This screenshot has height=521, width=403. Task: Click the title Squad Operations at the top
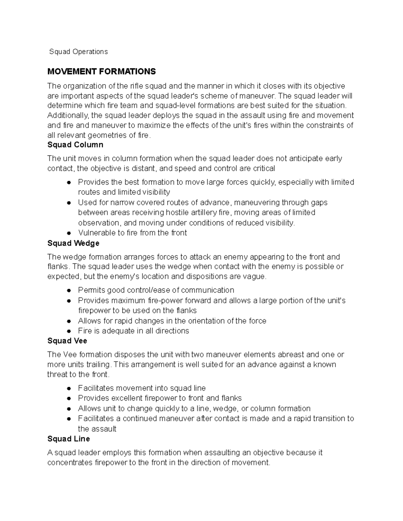click(78, 52)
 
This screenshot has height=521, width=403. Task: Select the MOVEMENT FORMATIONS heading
click(101, 71)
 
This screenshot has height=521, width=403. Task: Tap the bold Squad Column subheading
click(75, 145)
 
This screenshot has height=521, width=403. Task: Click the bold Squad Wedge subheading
click(73, 243)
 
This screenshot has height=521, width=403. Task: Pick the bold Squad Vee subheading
click(67, 341)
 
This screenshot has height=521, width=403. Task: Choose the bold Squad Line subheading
click(69, 439)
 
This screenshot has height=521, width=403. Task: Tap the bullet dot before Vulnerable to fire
click(69, 233)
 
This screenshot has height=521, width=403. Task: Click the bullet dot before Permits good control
click(69, 291)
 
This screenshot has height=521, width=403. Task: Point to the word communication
click(208, 290)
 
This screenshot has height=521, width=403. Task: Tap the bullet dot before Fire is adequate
click(69, 331)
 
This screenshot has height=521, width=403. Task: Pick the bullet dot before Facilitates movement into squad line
click(69, 388)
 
